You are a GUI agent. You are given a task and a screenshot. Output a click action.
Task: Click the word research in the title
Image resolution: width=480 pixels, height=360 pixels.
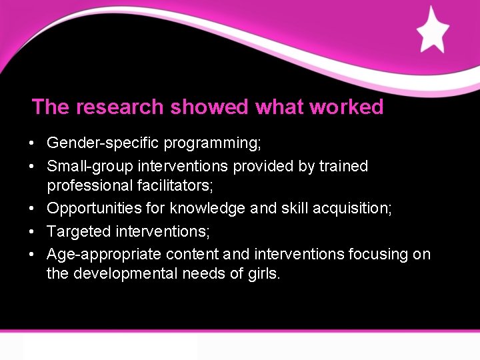120,107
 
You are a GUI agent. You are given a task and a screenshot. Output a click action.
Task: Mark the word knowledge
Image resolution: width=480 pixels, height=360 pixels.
207,209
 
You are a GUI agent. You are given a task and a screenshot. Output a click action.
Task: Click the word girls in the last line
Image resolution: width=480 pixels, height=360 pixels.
265,274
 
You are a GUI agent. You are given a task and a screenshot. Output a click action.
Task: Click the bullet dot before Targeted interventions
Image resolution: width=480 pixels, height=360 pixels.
32,232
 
